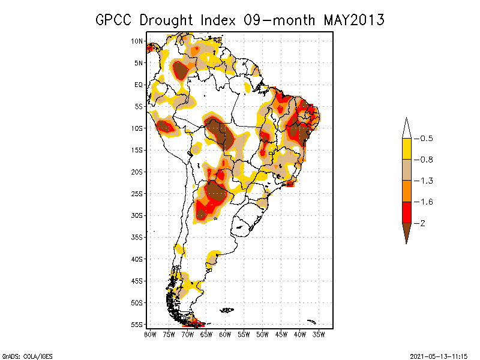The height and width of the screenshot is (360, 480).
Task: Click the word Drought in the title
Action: [166, 20]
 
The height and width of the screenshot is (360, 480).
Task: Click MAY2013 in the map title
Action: [354, 20]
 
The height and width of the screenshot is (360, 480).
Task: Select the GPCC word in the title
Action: [113, 20]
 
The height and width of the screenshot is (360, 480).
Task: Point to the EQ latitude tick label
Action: [139, 85]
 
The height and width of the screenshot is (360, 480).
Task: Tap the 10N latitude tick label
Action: [137, 41]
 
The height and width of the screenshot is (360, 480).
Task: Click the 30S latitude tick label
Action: [137, 215]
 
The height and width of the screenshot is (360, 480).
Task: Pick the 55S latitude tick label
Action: [137, 325]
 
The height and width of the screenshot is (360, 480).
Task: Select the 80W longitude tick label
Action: [150, 335]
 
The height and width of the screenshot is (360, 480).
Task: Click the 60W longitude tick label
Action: [225, 335]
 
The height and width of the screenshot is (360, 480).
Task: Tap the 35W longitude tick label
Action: [319, 335]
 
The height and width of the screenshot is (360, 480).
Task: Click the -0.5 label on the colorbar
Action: [424, 139]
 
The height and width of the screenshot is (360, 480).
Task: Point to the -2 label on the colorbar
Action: [419, 223]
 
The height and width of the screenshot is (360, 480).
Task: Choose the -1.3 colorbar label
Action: [424, 181]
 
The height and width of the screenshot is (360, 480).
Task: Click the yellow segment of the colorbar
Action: [407, 149]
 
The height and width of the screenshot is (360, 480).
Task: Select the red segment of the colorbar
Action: [407, 212]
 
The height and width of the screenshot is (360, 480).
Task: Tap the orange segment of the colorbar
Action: [407, 191]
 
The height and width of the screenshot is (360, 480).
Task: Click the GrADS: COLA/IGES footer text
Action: [28, 356]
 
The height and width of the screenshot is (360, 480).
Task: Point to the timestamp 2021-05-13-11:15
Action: [439, 356]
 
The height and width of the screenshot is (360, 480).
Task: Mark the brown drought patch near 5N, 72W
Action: [181, 70]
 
